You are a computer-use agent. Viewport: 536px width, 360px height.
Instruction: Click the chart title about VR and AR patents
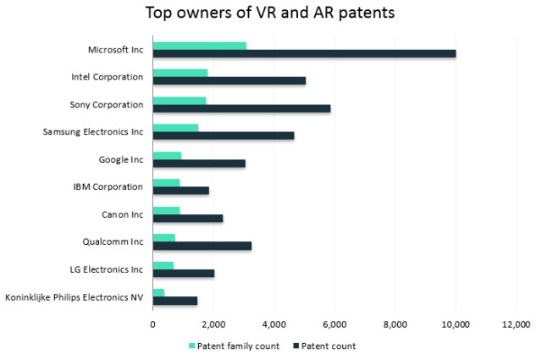268,14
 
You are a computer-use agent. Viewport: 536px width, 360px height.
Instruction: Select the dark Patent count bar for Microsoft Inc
304,53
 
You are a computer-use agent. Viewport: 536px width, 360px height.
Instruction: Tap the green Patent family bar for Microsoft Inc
199,46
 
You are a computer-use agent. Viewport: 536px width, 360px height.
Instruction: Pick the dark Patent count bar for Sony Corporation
241,108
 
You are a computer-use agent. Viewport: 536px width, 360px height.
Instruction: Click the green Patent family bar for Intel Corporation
180,73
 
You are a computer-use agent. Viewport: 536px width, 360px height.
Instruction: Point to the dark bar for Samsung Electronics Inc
223,135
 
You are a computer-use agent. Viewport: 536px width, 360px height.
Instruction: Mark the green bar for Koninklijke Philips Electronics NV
158,291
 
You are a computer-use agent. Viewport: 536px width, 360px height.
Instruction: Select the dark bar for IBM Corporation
180,191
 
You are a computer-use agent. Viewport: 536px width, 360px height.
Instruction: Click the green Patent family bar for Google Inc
167,156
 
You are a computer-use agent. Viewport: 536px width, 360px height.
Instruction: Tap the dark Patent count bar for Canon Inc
187,218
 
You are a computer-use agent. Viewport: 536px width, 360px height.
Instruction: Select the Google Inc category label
121,159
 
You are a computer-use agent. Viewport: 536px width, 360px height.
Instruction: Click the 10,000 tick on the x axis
456,323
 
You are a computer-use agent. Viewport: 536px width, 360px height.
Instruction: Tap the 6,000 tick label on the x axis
334,323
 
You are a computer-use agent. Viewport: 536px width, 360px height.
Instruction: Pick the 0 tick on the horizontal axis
152,323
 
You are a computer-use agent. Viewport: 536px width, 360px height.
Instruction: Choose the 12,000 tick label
516,323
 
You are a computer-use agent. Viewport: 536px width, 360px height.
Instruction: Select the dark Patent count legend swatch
295,346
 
